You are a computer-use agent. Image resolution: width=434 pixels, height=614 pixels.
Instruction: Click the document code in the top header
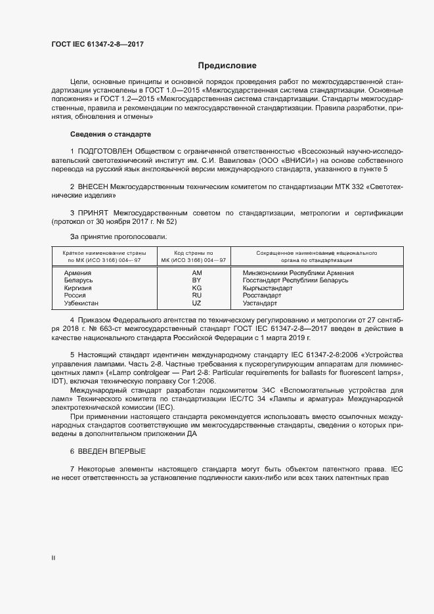pos(97,45)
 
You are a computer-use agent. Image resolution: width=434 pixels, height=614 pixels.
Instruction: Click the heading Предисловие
pos(227,66)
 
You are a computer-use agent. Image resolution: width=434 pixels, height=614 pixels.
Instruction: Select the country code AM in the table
pos(196,273)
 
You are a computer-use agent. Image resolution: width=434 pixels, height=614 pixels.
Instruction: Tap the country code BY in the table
pos(196,280)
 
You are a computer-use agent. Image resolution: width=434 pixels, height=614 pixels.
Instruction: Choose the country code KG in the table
pos(196,288)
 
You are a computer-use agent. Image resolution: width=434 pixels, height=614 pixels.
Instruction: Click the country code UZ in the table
pos(196,303)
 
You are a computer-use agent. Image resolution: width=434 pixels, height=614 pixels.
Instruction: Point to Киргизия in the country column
pos(78,288)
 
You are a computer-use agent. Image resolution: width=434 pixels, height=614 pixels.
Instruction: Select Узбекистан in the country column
pos(81,303)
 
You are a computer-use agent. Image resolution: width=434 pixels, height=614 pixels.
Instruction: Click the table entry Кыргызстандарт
pos(267,288)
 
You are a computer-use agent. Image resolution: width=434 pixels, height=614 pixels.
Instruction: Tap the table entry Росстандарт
pos(262,296)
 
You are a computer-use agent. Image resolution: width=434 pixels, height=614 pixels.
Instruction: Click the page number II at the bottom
pos(53,558)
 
